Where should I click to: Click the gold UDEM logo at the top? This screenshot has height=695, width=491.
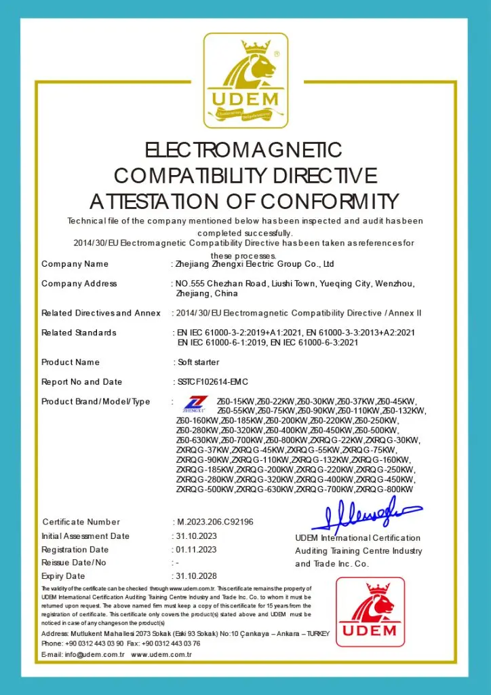(245, 80)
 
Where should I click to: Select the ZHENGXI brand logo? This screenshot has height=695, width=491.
(195, 405)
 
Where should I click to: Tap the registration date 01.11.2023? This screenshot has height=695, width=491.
(195, 549)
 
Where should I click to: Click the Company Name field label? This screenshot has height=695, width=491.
(75, 264)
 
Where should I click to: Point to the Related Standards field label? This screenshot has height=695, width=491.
(79, 333)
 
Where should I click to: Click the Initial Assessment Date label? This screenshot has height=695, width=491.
(85, 536)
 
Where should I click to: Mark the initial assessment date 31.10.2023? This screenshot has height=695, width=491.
(195, 536)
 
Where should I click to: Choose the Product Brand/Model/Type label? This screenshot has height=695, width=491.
(96, 402)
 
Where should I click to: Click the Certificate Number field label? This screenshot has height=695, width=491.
(81, 522)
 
